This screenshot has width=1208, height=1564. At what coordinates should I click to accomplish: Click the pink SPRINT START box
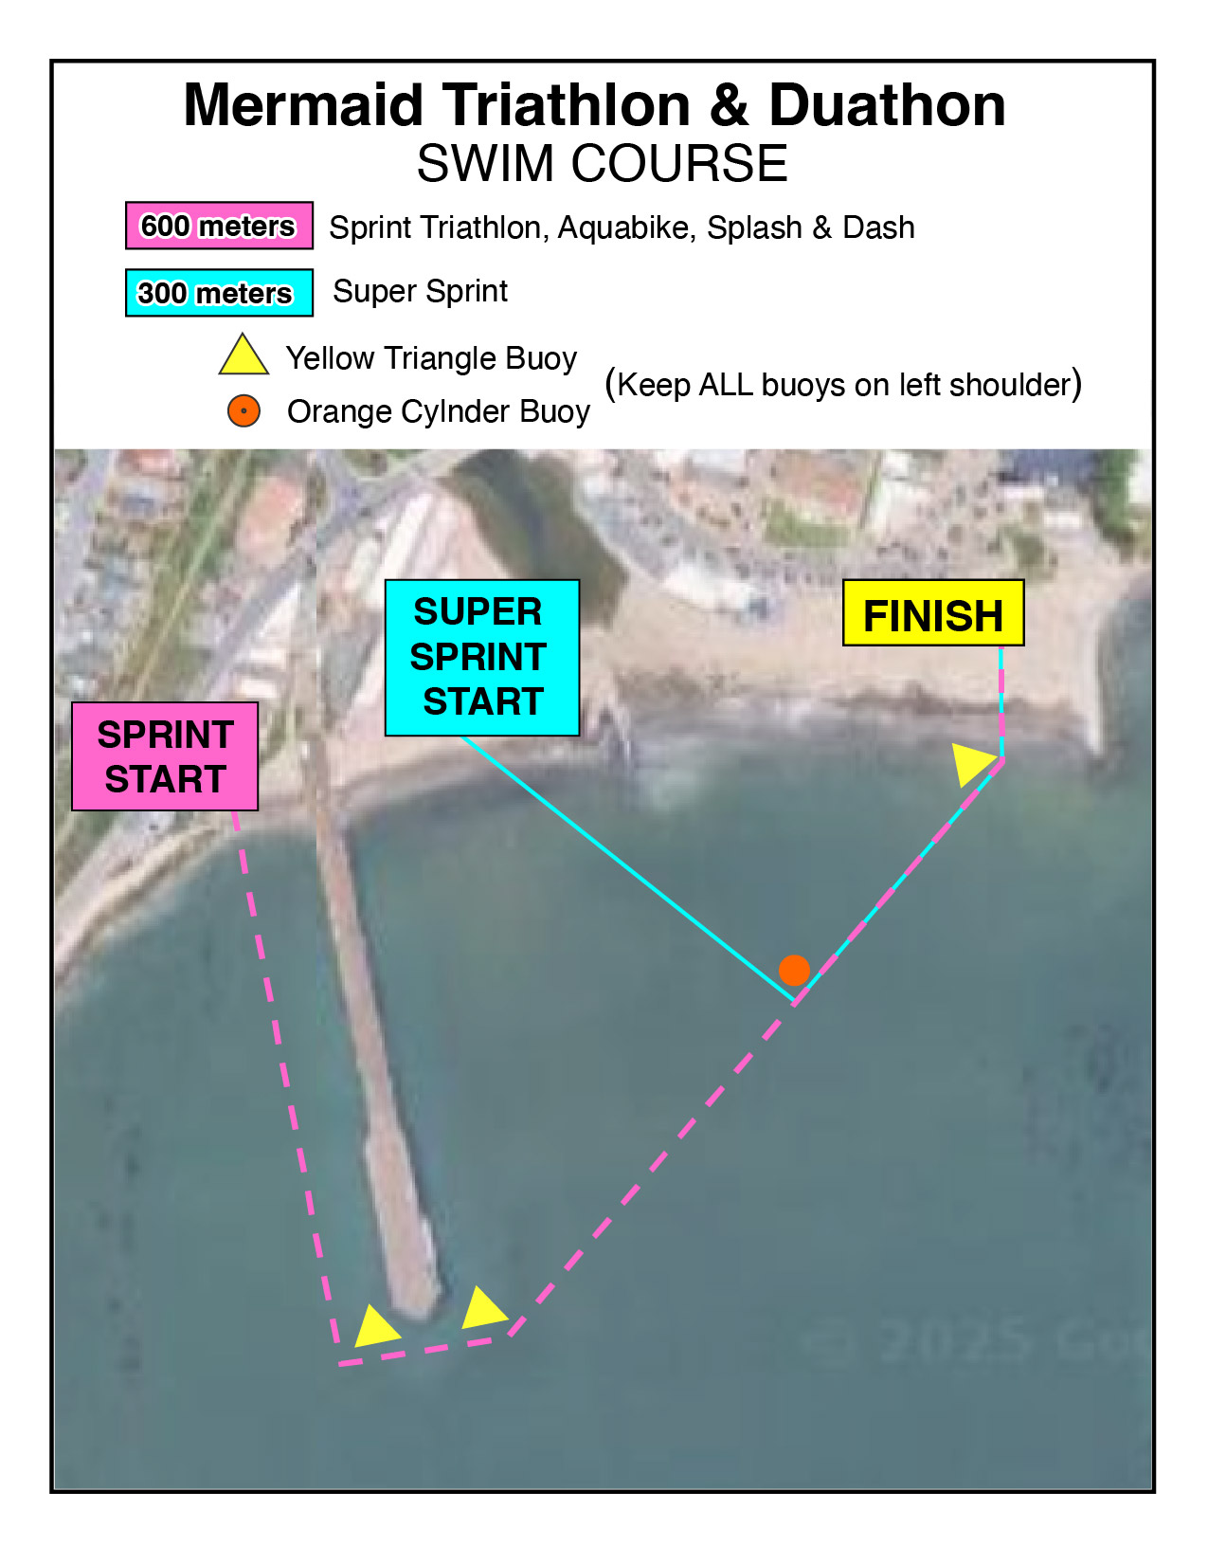165,756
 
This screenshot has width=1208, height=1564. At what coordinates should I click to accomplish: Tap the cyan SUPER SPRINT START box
481,657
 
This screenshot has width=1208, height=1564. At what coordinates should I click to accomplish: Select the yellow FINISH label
933,614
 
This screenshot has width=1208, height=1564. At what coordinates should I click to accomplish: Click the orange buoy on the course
794,970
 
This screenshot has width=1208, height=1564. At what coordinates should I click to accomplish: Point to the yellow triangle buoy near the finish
973,762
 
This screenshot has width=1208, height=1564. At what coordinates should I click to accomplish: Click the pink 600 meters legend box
219,226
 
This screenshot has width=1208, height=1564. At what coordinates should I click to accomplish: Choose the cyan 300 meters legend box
219,293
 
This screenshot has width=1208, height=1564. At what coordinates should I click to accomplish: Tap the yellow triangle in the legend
243,355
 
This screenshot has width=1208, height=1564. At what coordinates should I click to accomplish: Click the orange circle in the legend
243,411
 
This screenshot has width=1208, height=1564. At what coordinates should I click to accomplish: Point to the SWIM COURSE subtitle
602,163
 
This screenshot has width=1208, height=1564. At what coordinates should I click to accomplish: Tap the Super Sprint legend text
420,291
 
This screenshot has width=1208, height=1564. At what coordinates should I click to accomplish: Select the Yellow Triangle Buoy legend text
431,358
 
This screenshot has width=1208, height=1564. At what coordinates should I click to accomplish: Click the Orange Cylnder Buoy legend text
438,412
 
